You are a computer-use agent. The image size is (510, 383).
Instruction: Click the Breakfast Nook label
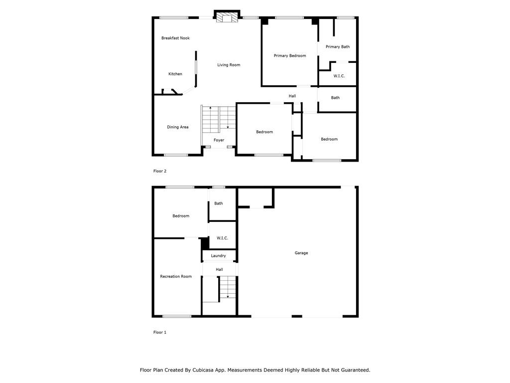click(x=175, y=38)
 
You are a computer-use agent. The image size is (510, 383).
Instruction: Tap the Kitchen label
click(x=175, y=74)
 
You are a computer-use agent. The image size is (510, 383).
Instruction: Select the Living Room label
click(x=229, y=65)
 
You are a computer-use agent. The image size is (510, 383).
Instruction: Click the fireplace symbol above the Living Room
click(x=227, y=17)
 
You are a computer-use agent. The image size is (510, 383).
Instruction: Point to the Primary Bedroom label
click(x=290, y=56)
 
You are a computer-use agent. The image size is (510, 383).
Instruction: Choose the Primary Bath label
click(x=338, y=46)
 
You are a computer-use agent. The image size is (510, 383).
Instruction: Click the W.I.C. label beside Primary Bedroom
click(x=339, y=76)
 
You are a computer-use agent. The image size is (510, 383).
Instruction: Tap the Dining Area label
click(x=178, y=127)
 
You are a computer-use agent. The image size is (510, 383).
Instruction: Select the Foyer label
click(x=219, y=140)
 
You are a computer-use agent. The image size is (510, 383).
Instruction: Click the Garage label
click(x=301, y=253)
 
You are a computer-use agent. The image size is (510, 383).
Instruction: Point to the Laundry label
click(x=218, y=256)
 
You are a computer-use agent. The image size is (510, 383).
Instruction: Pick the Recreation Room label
click(x=176, y=276)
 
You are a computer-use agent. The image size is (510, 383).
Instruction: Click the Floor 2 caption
click(x=160, y=171)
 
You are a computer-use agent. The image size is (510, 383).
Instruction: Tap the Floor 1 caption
click(x=160, y=332)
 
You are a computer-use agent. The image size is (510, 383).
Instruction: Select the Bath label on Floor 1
click(x=219, y=203)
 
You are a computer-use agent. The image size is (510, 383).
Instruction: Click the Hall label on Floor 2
click(x=292, y=96)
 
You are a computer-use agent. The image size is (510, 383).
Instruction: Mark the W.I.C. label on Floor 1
click(x=222, y=238)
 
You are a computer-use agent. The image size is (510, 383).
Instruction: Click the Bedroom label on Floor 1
click(x=181, y=216)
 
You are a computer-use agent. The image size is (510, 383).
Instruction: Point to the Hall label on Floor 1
click(x=219, y=270)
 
